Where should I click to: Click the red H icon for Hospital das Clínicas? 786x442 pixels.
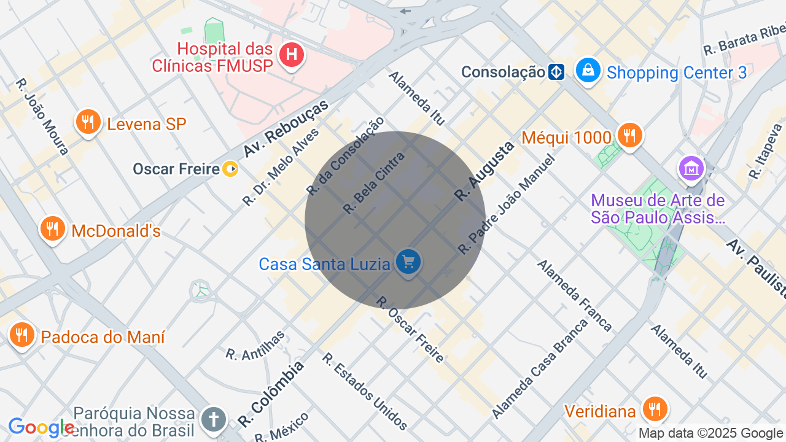(292, 55)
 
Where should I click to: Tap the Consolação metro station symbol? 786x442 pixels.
(556, 72)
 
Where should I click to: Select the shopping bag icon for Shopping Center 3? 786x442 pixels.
(588, 71)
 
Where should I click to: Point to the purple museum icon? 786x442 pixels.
(691, 168)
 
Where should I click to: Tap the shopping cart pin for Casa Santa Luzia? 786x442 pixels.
(408, 262)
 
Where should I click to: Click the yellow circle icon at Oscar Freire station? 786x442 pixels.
(230, 168)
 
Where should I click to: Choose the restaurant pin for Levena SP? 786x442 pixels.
(88, 122)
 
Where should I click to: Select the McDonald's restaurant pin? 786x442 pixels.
(53, 229)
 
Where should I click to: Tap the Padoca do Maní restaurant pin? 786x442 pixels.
(22, 335)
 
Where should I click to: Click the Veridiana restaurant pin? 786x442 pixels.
(655, 409)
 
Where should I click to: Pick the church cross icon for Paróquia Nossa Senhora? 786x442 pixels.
(214, 420)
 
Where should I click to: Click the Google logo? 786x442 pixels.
(41, 427)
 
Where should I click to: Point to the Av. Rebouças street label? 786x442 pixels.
(286, 128)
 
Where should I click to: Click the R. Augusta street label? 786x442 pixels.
(484, 171)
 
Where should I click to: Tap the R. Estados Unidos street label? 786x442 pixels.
(365, 391)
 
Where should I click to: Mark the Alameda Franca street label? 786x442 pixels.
(575, 295)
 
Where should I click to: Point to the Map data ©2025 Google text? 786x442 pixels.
(711, 433)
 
